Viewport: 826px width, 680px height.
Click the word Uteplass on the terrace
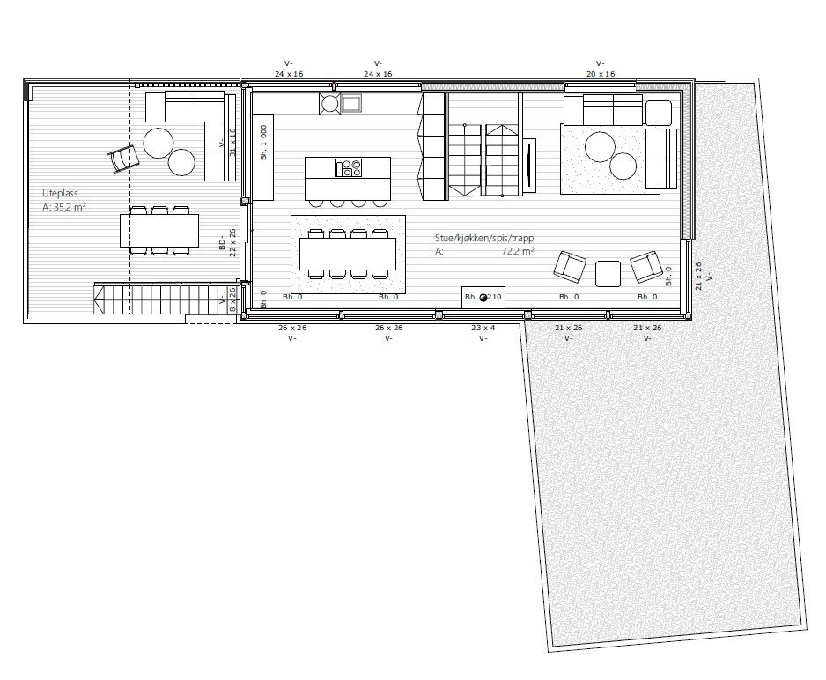(x=60, y=194)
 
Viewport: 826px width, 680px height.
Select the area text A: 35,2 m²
(x=64, y=208)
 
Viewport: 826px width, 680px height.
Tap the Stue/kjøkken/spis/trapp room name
(x=483, y=238)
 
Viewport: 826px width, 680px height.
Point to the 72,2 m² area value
(x=519, y=251)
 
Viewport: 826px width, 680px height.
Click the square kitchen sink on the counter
(x=351, y=104)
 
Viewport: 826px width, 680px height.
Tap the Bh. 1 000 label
(x=263, y=142)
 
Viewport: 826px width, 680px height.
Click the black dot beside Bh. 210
(x=483, y=298)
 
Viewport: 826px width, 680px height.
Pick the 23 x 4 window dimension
(x=483, y=328)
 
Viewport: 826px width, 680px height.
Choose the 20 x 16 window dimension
(x=601, y=74)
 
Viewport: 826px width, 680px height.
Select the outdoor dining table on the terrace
(x=159, y=231)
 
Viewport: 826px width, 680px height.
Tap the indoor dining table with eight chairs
(x=347, y=254)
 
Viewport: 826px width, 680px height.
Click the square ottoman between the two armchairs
(x=608, y=274)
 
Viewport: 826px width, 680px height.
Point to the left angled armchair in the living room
(x=571, y=266)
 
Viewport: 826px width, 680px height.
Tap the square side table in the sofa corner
(x=658, y=113)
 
